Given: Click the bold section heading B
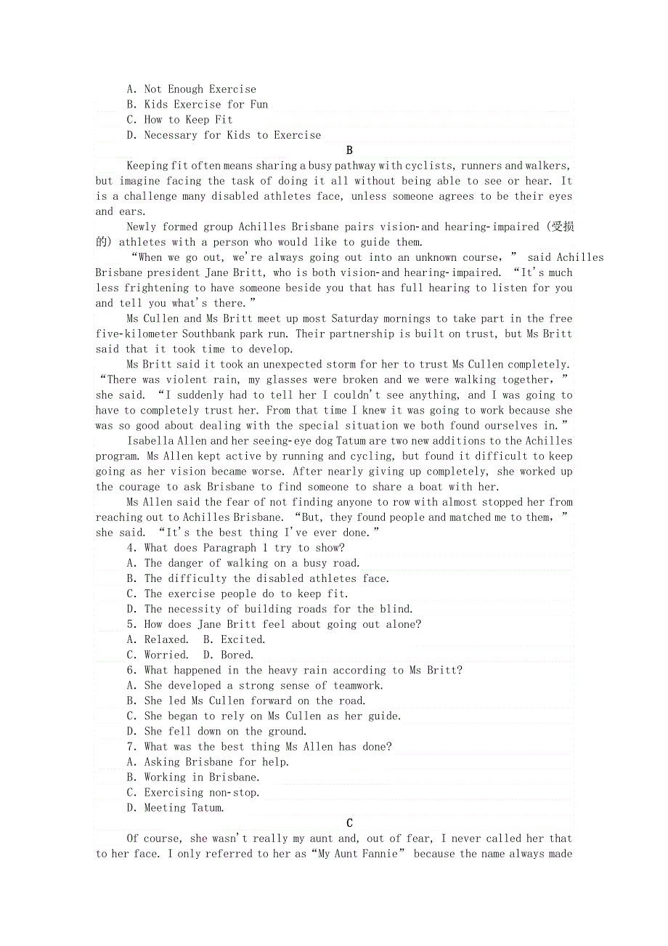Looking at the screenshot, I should [x=349, y=150].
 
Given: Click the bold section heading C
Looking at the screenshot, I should [x=349, y=823].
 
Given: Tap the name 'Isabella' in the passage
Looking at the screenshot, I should [x=150, y=441].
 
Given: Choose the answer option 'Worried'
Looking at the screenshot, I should [x=158, y=655].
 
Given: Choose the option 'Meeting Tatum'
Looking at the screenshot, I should [x=176, y=807].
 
